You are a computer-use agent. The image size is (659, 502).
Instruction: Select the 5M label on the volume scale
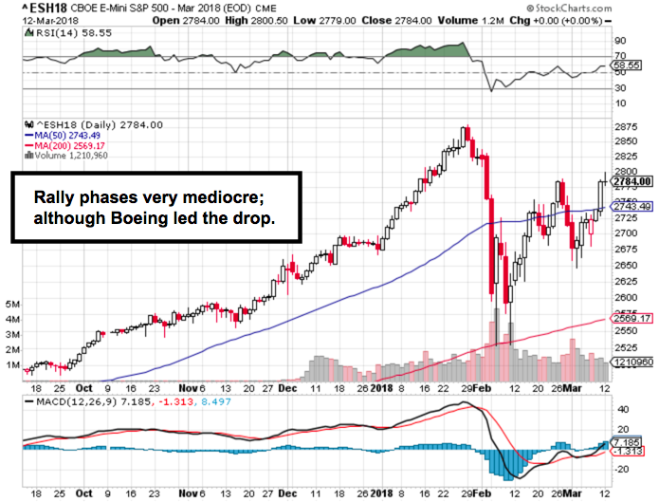click(x=11, y=304)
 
